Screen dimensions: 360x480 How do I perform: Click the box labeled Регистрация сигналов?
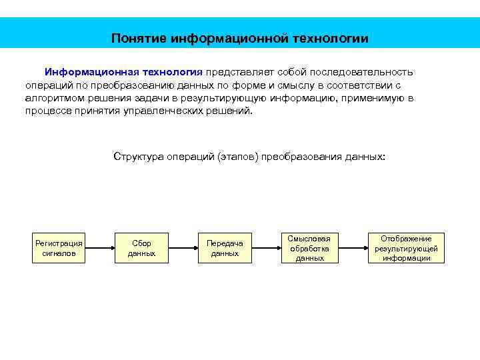[x=59, y=248]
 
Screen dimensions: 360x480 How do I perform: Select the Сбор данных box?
[x=141, y=248]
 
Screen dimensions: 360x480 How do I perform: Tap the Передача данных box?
[x=225, y=248]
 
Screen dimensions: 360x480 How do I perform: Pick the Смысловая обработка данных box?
[x=309, y=248]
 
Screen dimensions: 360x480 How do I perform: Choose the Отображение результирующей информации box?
[x=406, y=248]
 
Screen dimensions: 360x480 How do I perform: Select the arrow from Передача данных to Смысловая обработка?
[x=267, y=248]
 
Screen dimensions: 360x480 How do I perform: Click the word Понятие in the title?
[x=138, y=39]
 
